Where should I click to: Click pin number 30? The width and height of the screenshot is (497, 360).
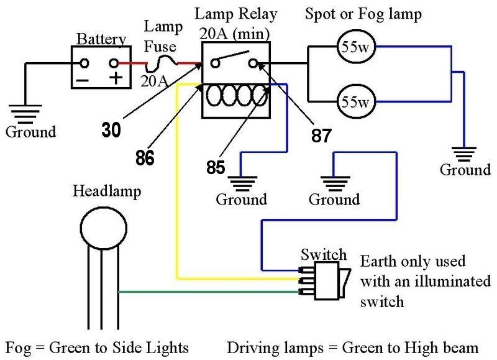pyautogui.click(x=112, y=131)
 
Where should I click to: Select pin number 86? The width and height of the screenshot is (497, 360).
pyautogui.click(x=144, y=158)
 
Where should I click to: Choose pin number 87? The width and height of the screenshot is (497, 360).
pyautogui.click(x=321, y=134)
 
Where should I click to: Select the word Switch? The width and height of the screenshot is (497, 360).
pyautogui.click(x=323, y=254)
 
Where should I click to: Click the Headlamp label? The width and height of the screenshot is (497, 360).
pyautogui.click(x=107, y=191)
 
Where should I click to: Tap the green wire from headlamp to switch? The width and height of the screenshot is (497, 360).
pyautogui.click(x=205, y=292)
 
